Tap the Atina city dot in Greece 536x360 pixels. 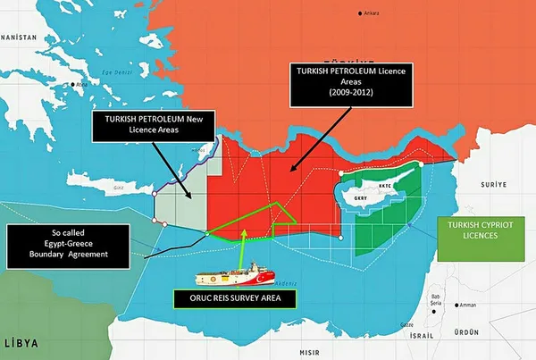78,86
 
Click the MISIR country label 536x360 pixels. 309,351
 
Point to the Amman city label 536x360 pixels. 468,305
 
